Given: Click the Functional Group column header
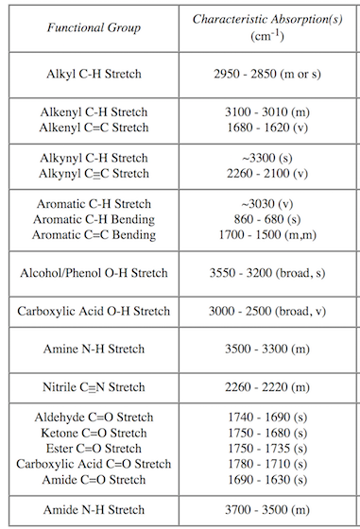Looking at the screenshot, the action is click(x=94, y=27).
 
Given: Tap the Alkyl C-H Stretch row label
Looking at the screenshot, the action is click(x=94, y=73).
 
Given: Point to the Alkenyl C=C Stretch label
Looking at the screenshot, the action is click(x=94, y=128).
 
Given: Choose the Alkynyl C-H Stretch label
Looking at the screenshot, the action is click(x=94, y=158).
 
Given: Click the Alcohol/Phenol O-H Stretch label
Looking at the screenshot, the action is click(x=94, y=273).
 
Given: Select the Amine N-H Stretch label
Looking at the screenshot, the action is click(x=94, y=349).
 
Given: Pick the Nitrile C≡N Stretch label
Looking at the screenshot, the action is click(x=94, y=386).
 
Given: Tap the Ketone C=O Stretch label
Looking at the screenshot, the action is click(x=94, y=433).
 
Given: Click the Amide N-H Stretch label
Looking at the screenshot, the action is click(x=94, y=509).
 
